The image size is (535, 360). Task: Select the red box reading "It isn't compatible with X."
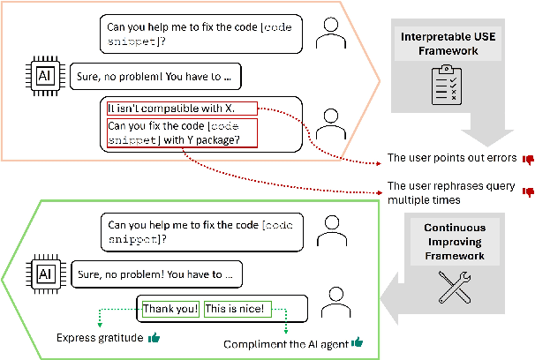point(181,109)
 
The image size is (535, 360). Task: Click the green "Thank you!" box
point(167,309)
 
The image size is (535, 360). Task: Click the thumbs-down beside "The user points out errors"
point(529,160)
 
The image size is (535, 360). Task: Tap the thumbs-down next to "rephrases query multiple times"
point(529,190)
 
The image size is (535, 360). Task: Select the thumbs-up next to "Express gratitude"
point(154,338)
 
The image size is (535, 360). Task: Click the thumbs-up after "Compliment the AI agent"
point(357,342)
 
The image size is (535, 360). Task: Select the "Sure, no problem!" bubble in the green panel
point(152,274)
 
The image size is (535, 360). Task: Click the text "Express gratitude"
point(98,338)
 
